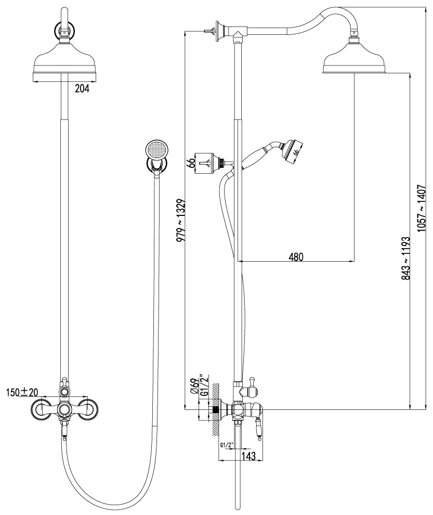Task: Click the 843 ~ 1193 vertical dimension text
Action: (406, 258)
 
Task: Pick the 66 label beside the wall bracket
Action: (191, 163)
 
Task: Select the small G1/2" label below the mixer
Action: (227, 445)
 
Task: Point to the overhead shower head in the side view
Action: (355, 58)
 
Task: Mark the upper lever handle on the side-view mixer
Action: (253, 384)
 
